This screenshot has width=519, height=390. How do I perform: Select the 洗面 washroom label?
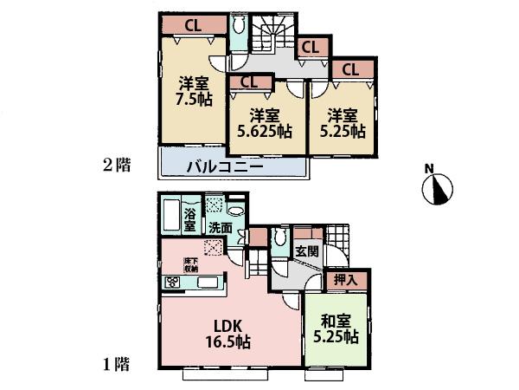pyautogui.click(x=221, y=228)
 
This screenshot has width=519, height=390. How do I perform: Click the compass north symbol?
pyautogui.click(x=439, y=190)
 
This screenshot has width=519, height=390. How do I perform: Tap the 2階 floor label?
pyautogui.click(x=118, y=165)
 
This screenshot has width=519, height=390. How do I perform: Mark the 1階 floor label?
pyautogui.click(x=118, y=365)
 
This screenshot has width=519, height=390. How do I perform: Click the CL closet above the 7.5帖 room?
pyautogui.click(x=194, y=26)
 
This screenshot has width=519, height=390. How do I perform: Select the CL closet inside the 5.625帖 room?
pyautogui.click(x=249, y=82)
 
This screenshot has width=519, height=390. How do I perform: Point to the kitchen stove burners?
pyautogui.click(x=172, y=282)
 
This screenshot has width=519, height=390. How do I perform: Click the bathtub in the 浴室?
pyautogui.click(x=170, y=215)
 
